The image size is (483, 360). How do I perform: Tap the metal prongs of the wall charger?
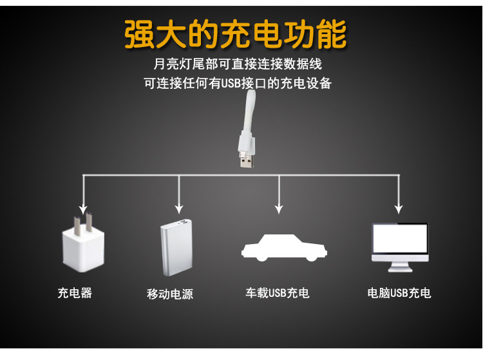[80, 223]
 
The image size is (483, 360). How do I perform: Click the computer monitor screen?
[399, 240]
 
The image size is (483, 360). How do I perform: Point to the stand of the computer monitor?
[399, 265]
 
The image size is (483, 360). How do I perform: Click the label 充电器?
[75, 293]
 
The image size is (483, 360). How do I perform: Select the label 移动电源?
[170, 294]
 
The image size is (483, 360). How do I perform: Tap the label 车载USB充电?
[278, 293]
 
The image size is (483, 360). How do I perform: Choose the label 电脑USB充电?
[399, 293]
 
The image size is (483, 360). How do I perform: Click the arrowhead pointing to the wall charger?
[82, 209]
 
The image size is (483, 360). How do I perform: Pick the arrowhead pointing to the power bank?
[178, 209]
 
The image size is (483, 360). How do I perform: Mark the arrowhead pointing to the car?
[278, 209]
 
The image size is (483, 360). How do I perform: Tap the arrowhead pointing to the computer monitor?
[399, 209]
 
